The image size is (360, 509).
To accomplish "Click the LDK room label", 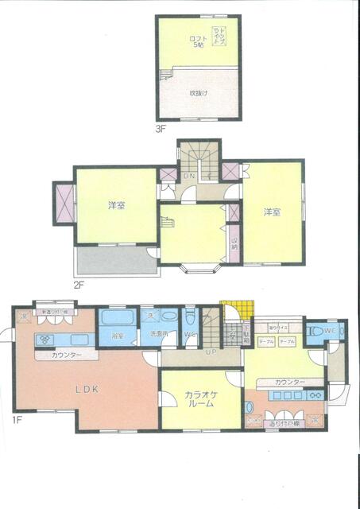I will (87, 389).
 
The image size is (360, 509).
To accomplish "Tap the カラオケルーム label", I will (201, 398).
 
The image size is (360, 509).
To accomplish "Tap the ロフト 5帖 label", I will (196, 41).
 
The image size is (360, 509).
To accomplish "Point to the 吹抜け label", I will (197, 93).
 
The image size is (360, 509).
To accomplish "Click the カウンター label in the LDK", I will (65, 355).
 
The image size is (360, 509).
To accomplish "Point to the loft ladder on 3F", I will (166, 76).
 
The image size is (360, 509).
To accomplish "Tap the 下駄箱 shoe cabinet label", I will (246, 332).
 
